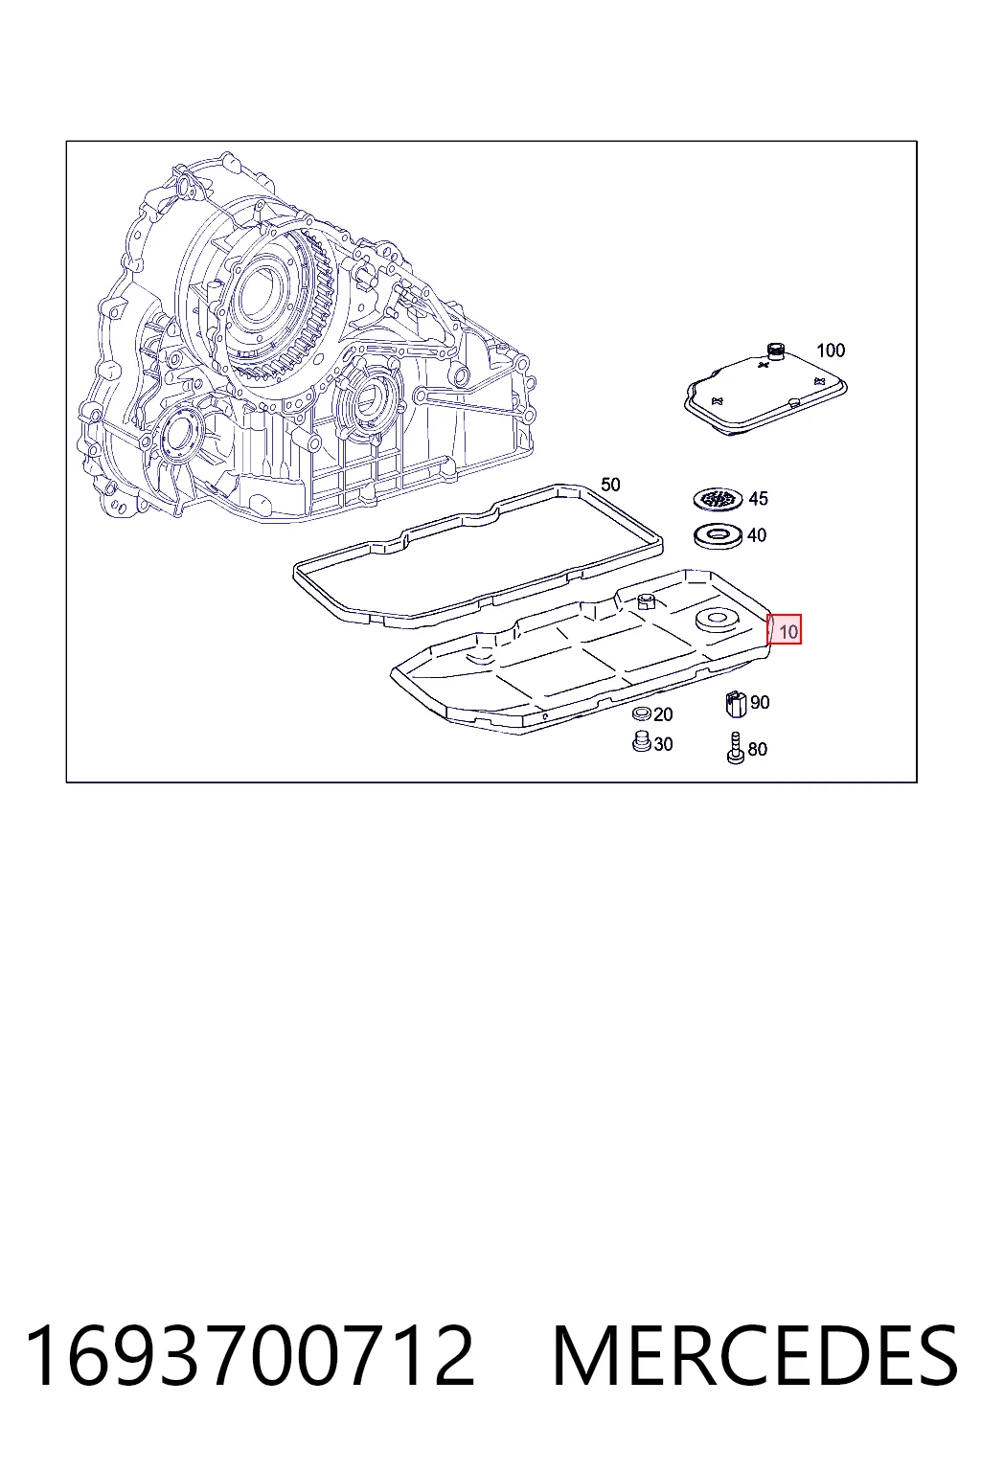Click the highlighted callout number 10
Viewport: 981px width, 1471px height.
pos(787,632)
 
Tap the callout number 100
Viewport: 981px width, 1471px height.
pos(831,350)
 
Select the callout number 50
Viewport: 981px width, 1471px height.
pos(610,485)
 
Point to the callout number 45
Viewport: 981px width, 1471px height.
pos(758,498)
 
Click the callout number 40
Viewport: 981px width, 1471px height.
pos(757,535)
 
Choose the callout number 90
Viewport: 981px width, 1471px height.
pos(760,702)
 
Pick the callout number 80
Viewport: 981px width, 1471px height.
pos(758,749)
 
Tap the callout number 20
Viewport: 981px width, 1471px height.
pos(663,713)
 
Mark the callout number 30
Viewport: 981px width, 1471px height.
pos(663,744)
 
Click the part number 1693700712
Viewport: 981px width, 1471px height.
pos(249,1355)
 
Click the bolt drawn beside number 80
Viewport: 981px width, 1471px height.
pos(736,748)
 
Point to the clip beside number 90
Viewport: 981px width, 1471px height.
pos(737,703)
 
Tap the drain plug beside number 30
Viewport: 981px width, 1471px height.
pos(641,742)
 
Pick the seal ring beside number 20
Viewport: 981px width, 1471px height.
pos(641,713)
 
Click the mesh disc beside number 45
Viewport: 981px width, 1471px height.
pos(719,498)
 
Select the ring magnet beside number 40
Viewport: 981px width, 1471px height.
pos(719,535)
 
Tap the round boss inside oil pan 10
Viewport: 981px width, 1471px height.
pos(718,620)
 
